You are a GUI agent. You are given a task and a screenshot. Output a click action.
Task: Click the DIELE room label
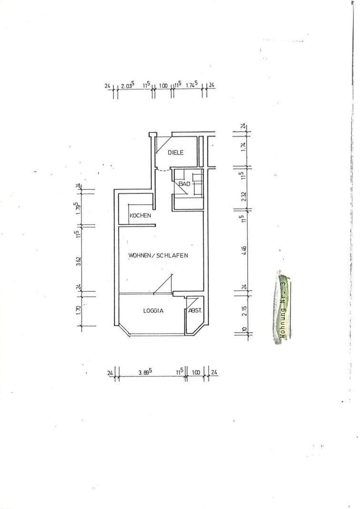(x=176, y=152)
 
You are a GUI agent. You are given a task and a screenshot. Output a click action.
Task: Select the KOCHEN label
(x=140, y=216)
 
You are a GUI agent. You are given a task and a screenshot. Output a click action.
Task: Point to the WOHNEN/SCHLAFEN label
(x=158, y=255)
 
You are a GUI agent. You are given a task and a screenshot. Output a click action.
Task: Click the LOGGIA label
(x=153, y=311)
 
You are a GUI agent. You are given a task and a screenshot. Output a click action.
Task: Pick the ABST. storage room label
(x=196, y=310)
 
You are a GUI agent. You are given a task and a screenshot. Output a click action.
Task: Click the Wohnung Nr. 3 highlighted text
(x=283, y=309)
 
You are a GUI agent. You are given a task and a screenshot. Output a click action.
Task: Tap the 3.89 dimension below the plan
(x=145, y=373)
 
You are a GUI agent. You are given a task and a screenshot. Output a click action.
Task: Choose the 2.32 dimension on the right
(x=243, y=196)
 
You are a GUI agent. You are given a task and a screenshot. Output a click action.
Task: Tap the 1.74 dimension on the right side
(x=243, y=147)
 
